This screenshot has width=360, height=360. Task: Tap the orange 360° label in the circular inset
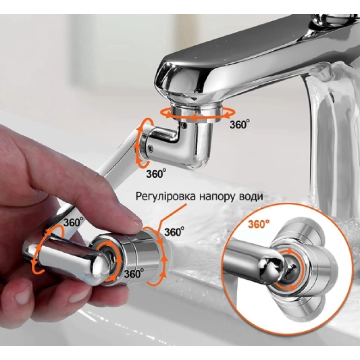pyautogui.click(x=258, y=224)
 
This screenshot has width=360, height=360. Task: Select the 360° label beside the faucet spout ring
pyautogui.click(x=239, y=124)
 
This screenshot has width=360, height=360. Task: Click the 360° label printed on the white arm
pyautogui.click(x=73, y=222)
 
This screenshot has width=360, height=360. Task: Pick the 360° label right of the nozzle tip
pyautogui.click(x=174, y=232)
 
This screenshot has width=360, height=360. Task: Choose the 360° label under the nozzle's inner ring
pyautogui.click(x=134, y=274)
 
